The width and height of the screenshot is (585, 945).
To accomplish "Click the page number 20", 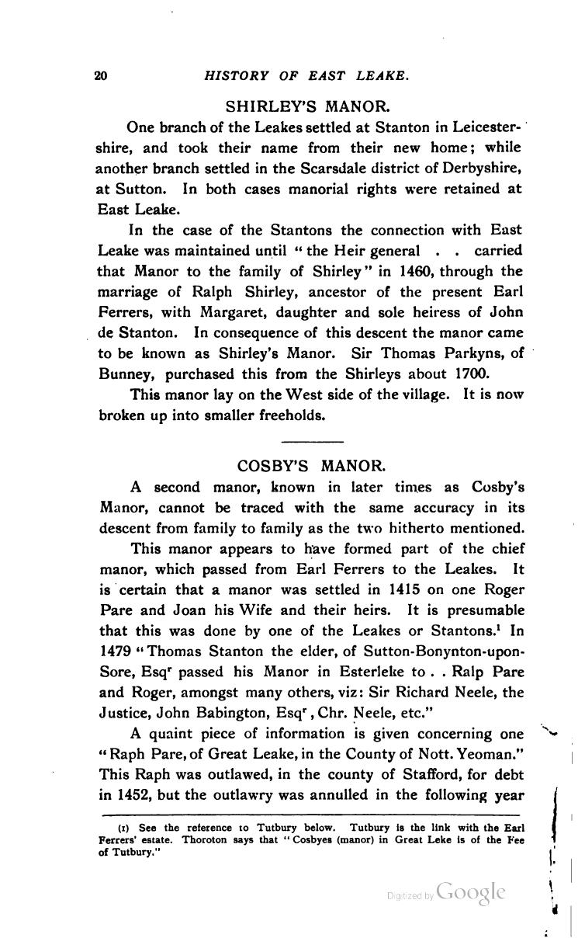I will (x=99, y=75).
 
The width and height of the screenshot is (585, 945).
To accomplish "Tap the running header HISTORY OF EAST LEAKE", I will (x=306, y=75).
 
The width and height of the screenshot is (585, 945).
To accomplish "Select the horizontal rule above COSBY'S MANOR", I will (x=310, y=441).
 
